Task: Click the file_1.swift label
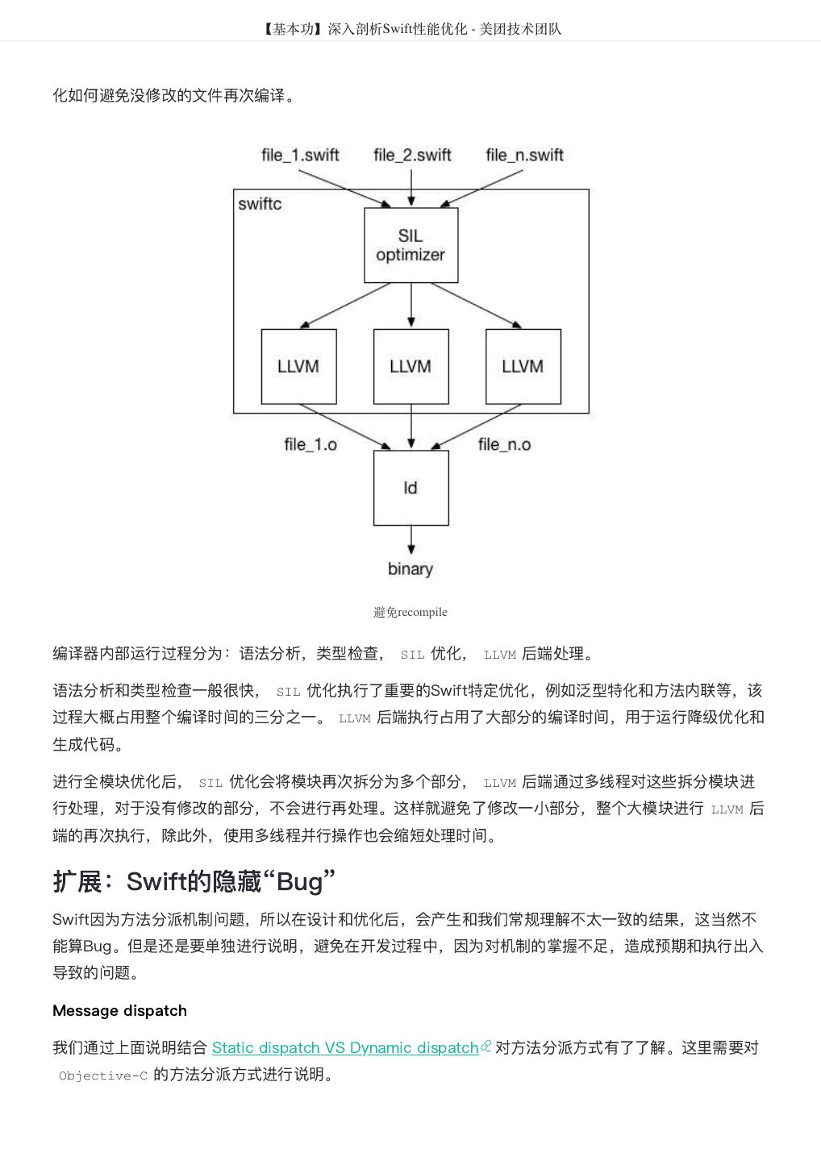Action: click(300, 155)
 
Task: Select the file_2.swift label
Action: click(412, 155)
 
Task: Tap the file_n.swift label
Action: click(524, 155)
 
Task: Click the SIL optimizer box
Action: click(410, 245)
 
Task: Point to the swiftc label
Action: click(260, 204)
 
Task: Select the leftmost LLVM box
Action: click(298, 367)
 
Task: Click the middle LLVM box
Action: click(410, 367)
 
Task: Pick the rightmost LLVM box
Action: click(523, 367)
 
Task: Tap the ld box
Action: click(410, 488)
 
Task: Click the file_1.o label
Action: click(310, 444)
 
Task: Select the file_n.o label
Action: click(504, 444)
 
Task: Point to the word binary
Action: click(410, 569)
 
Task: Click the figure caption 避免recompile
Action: click(410, 612)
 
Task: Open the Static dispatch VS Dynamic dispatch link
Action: click(345, 1048)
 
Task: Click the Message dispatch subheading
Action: click(119, 1010)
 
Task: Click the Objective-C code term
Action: click(103, 1076)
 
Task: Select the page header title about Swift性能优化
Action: click(410, 29)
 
